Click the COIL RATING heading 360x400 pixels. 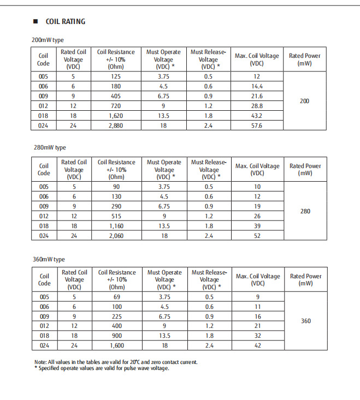pyautogui.click(x=65, y=21)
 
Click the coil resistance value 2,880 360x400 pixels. pyautogui.click(x=116, y=126)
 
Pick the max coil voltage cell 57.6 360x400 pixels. pyautogui.click(x=257, y=126)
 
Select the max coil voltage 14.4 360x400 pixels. pyautogui.click(x=257, y=86)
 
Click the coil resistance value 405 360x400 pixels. pyautogui.click(x=116, y=96)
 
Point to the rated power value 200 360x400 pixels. pyautogui.click(x=305, y=101)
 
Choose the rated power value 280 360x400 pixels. pyautogui.click(x=305, y=211)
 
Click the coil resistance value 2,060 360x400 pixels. pyautogui.click(x=116, y=236)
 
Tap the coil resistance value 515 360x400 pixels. pyautogui.click(x=116, y=216)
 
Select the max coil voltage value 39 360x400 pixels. pyautogui.click(x=257, y=226)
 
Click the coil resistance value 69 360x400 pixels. pyautogui.click(x=116, y=297)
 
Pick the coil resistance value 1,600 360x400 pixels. pyautogui.click(x=116, y=346)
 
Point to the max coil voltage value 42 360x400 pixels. pyautogui.click(x=257, y=346)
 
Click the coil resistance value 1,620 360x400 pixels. pyautogui.click(x=116, y=116)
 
